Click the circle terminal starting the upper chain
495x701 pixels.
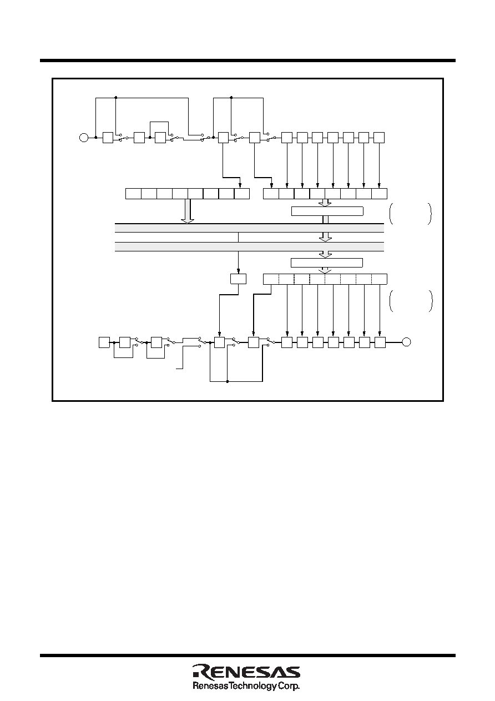[84, 138]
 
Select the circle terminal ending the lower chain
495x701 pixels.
[406, 342]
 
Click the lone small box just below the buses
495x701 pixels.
[238, 279]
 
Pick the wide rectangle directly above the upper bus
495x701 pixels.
[327, 211]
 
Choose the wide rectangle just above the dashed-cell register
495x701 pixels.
[327, 263]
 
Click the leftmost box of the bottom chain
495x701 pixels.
[104, 342]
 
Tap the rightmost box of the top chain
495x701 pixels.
[379, 138]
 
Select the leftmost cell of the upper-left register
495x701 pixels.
[133, 194]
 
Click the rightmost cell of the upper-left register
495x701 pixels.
[242, 194]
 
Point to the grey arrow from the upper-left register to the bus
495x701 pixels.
[188, 211]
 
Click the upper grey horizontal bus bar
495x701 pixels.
[249, 228]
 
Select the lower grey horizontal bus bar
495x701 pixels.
[249, 246]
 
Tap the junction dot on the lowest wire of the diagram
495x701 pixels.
[228, 381]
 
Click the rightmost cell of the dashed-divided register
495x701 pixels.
[379, 279]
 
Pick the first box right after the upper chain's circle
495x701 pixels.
[108, 138]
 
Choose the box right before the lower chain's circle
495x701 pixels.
[380, 342]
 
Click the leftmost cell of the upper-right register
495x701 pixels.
[271, 194]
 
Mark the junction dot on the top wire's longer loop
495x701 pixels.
[116, 97]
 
